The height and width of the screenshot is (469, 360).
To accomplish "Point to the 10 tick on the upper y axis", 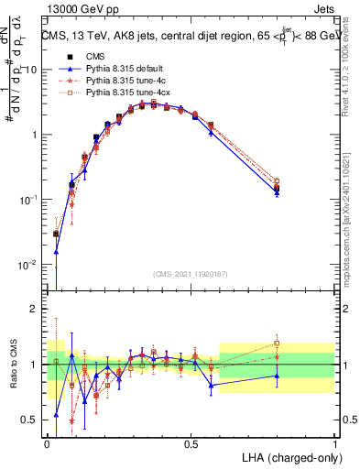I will pyautogui.click(x=33, y=70).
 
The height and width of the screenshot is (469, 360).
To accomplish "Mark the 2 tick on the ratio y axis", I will pyautogui.click(x=37, y=309).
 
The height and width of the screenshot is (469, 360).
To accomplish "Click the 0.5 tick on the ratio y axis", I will pyautogui.click(x=33, y=420).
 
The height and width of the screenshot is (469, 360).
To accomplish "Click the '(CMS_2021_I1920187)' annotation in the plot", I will pyautogui.click(x=191, y=273).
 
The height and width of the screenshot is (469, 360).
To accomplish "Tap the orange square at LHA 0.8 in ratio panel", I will pyautogui.click(x=277, y=344).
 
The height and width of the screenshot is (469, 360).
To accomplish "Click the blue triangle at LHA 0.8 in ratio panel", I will pyautogui.click(x=277, y=376).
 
